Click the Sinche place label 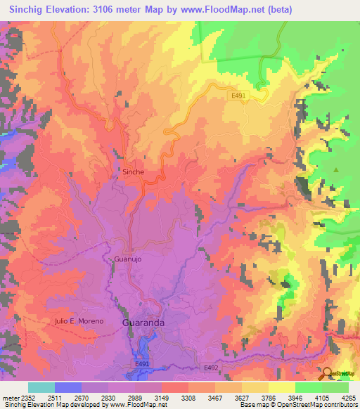(133, 171)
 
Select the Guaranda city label (143, 323)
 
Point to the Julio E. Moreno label (79, 321)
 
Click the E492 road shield (211, 368)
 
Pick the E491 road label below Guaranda (143, 364)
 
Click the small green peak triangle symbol (336, 170)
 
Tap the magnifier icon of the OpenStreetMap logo (327, 372)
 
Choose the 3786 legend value (269, 398)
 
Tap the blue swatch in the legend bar (68, 387)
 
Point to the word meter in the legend (10, 398)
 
